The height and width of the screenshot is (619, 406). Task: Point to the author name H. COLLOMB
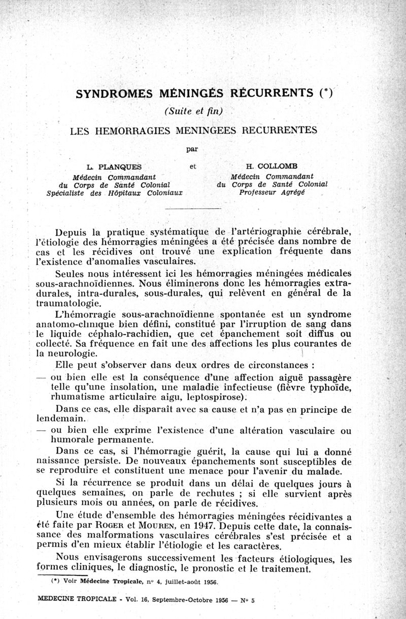point(272,167)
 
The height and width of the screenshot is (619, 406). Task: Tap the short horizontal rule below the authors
point(193,209)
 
